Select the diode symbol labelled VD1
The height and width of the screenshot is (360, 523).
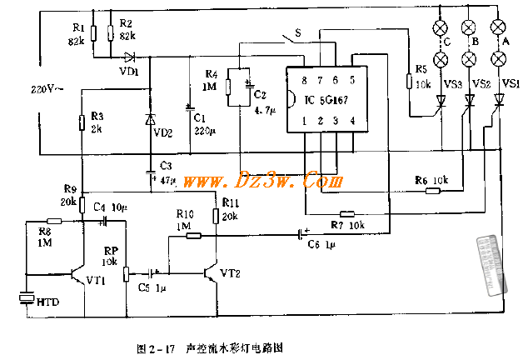(x=129, y=57)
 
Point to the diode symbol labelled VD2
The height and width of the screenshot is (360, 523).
(x=150, y=119)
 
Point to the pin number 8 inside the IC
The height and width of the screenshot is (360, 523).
(x=305, y=79)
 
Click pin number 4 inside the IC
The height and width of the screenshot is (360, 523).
(x=352, y=121)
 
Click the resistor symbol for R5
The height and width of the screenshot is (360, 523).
(x=408, y=81)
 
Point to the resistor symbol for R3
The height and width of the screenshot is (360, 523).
(x=81, y=124)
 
